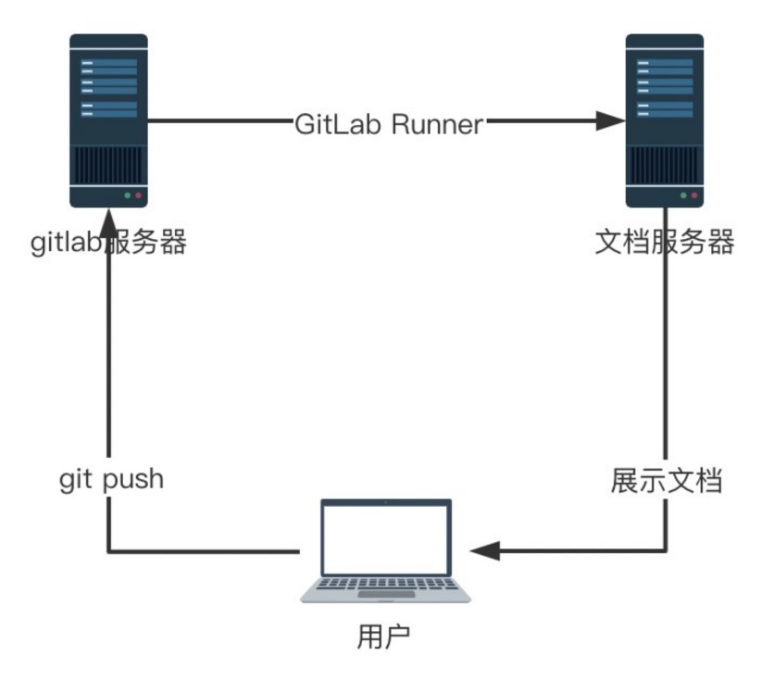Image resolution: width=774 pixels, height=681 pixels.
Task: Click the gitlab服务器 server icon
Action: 109,120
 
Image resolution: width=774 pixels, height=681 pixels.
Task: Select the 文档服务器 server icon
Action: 664,120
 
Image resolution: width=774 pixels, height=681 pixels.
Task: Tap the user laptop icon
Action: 386,551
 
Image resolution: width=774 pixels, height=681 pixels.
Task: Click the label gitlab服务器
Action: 109,243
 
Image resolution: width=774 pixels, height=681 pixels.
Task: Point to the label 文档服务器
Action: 664,243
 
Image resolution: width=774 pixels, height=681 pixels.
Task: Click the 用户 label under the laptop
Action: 384,637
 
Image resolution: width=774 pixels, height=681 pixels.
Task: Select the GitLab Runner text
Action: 389,123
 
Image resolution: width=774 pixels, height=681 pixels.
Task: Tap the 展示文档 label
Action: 666,481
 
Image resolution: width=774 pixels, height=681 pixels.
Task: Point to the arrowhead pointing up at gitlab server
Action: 109,233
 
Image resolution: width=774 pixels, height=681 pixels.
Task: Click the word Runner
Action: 437,123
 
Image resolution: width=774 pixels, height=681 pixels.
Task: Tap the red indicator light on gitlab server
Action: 139,196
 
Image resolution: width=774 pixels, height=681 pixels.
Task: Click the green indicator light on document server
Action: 683,196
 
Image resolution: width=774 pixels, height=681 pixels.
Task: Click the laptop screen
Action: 386,536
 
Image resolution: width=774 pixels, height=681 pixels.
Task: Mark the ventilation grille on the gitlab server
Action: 109,167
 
